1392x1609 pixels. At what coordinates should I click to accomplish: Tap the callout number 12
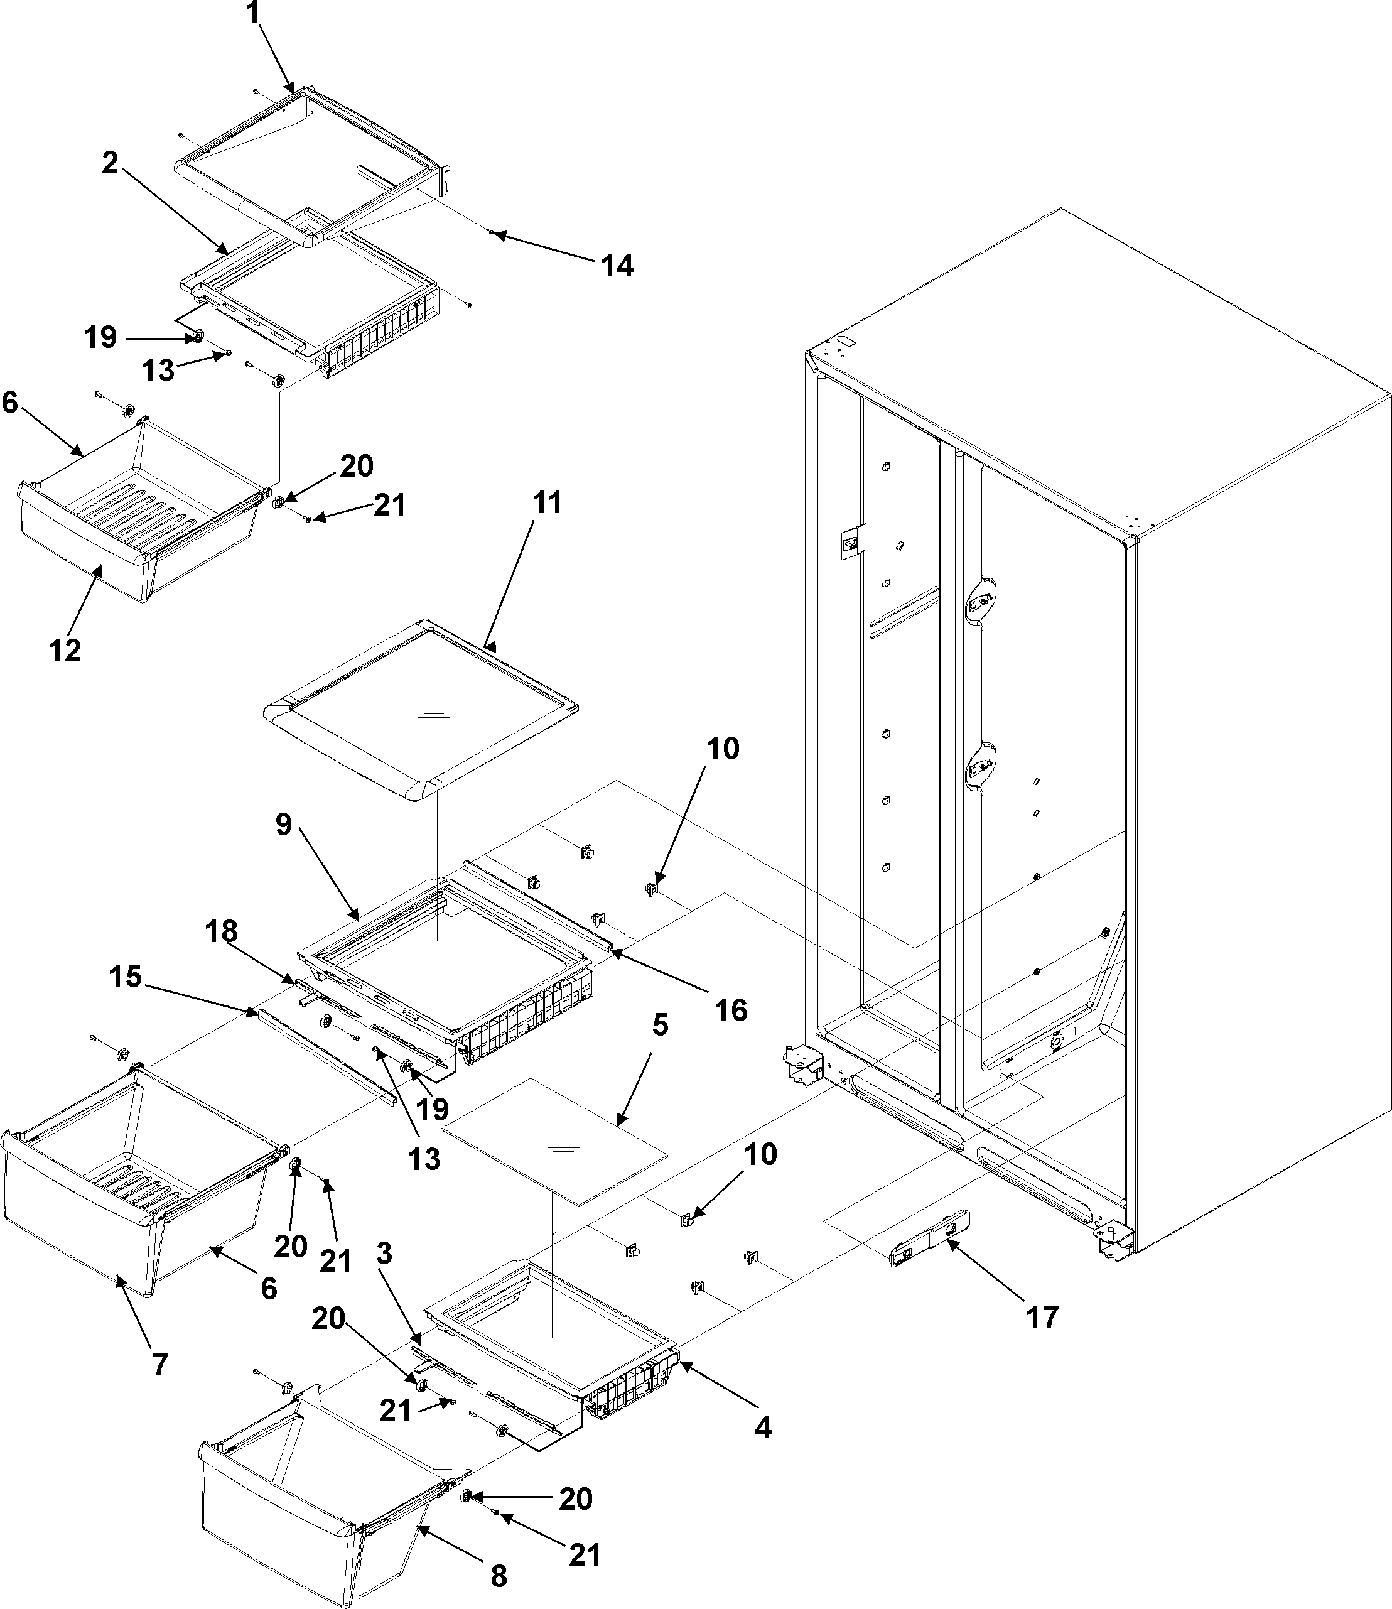(x=65, y=649)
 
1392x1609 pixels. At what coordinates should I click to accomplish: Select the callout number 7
(x=160, y=1363)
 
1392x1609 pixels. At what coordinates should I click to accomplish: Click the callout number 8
(x=498, y=1575)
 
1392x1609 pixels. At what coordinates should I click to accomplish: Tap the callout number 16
(x=730, y=1010)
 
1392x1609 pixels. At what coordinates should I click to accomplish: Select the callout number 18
(x=222, y=931)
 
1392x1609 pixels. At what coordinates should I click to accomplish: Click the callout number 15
(x=125, y=977)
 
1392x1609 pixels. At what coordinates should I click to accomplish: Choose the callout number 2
(x=111, y=163)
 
